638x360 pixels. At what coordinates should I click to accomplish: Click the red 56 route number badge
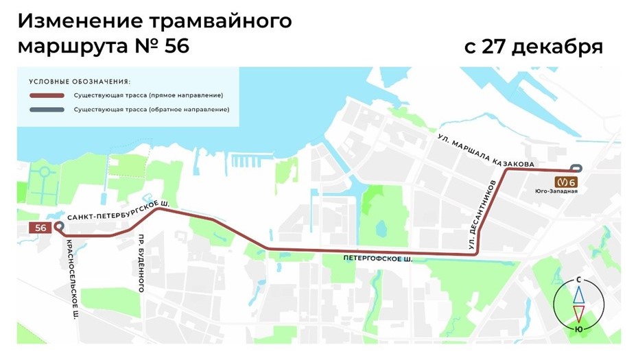(x=40, y=228)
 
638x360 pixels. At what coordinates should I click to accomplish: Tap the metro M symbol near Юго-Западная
(x=563, y=182)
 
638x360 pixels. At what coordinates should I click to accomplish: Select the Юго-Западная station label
(x=562, y=191)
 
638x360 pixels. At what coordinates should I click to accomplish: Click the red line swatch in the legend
(x=47, y=95)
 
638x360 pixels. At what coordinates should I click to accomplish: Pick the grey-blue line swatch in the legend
(x=47, y=110)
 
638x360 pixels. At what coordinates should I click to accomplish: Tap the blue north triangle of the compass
(x=580, y=294)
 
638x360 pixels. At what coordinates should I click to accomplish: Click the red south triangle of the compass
(x=580, y=313)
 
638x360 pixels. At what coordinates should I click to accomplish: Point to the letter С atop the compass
(x=580, y=280)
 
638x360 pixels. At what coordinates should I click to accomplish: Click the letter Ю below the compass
(x=580, y=329)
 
